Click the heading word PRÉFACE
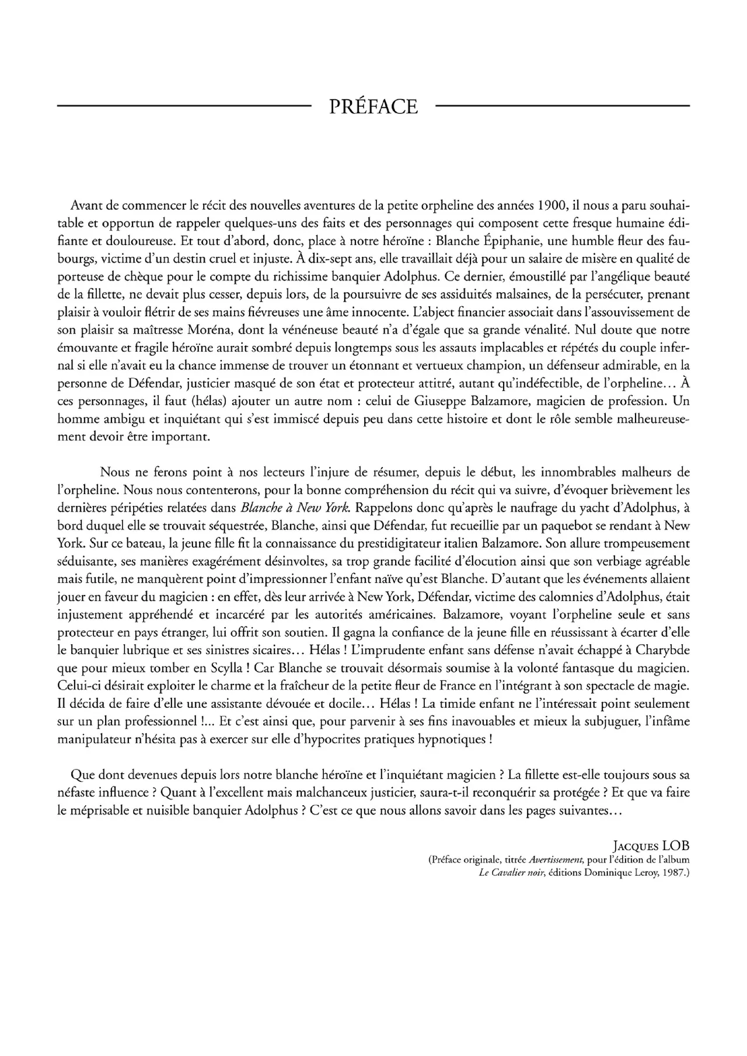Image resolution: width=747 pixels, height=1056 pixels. coord(373,107)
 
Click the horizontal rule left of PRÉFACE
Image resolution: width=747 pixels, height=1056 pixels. coord(183,106)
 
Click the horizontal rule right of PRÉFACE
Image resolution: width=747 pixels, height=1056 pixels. coord(563,106)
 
